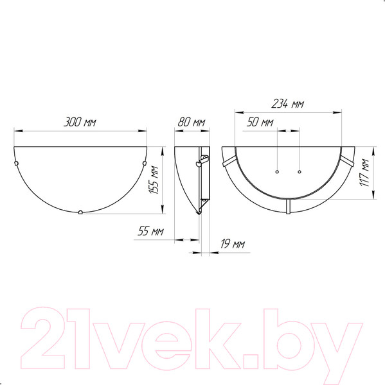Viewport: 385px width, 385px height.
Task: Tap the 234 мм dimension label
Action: tap(287, 104)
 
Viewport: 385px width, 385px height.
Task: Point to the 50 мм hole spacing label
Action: tap(260, 122)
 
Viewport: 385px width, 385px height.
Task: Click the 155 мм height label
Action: tap(154, 182)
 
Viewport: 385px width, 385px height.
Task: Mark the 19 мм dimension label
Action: tap(232, 244)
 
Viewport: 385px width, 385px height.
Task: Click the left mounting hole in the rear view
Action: tap(276, 172)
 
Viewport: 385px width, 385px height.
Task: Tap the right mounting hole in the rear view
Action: tap(300, 172)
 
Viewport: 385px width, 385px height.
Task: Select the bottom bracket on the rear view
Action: tap(287, 206)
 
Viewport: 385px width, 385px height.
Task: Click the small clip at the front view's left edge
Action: tap(17, 165)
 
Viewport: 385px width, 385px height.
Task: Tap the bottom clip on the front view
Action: tap(80, 211)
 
